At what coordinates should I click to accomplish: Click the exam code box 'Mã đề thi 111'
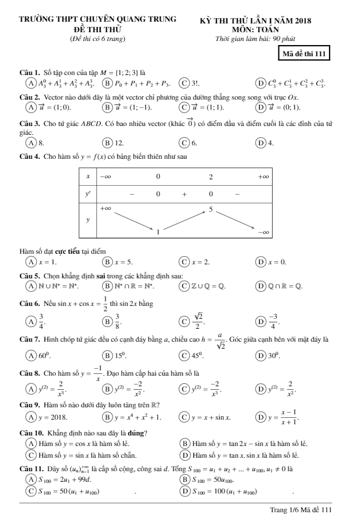point(305,55)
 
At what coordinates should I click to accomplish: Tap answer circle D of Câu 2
point(261,123)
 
